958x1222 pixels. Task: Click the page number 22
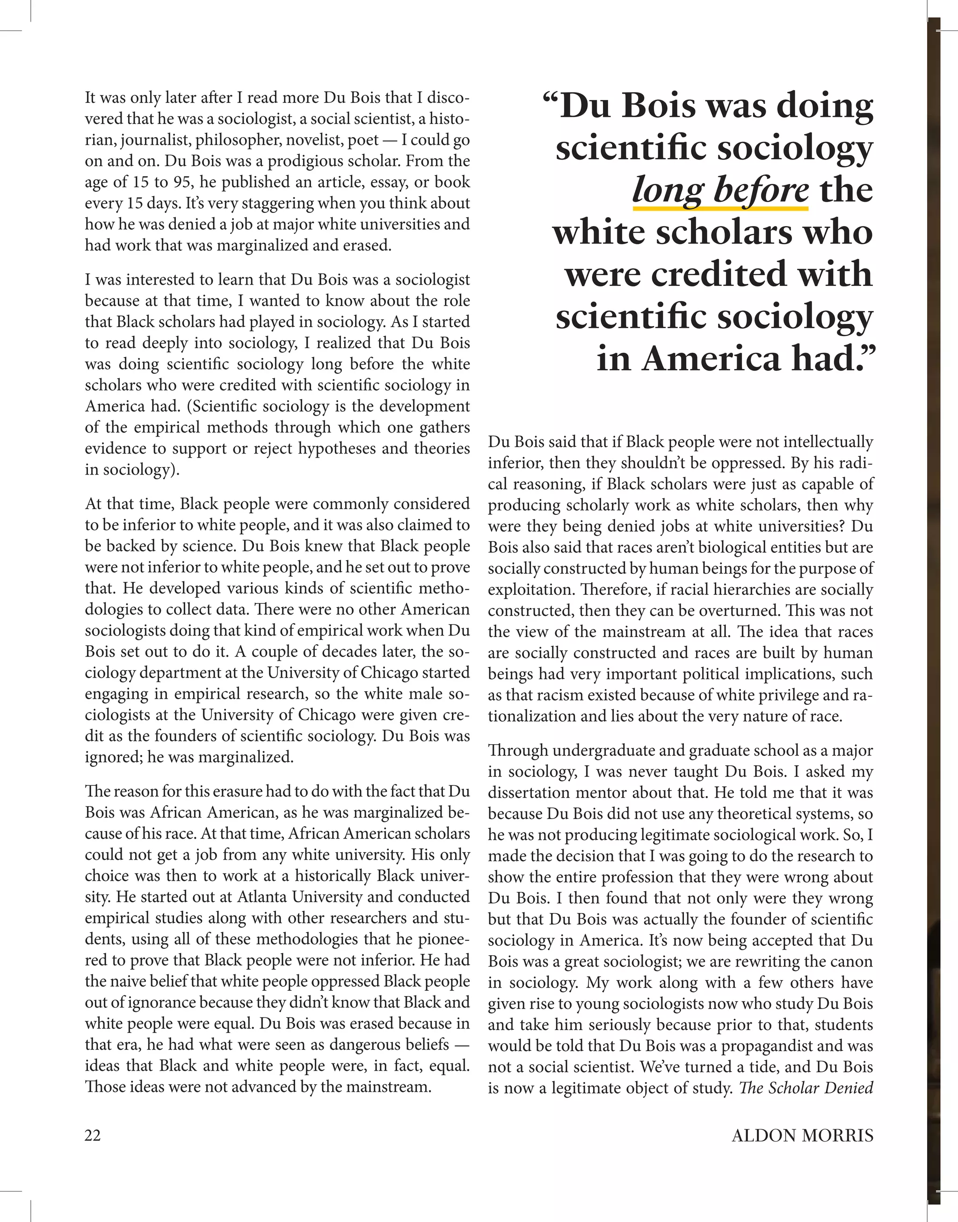(93, 1135)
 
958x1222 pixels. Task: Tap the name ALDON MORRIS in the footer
(802, 1135)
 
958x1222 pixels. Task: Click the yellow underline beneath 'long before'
(720, 208)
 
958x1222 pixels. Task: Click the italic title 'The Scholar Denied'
(806, 1088)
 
